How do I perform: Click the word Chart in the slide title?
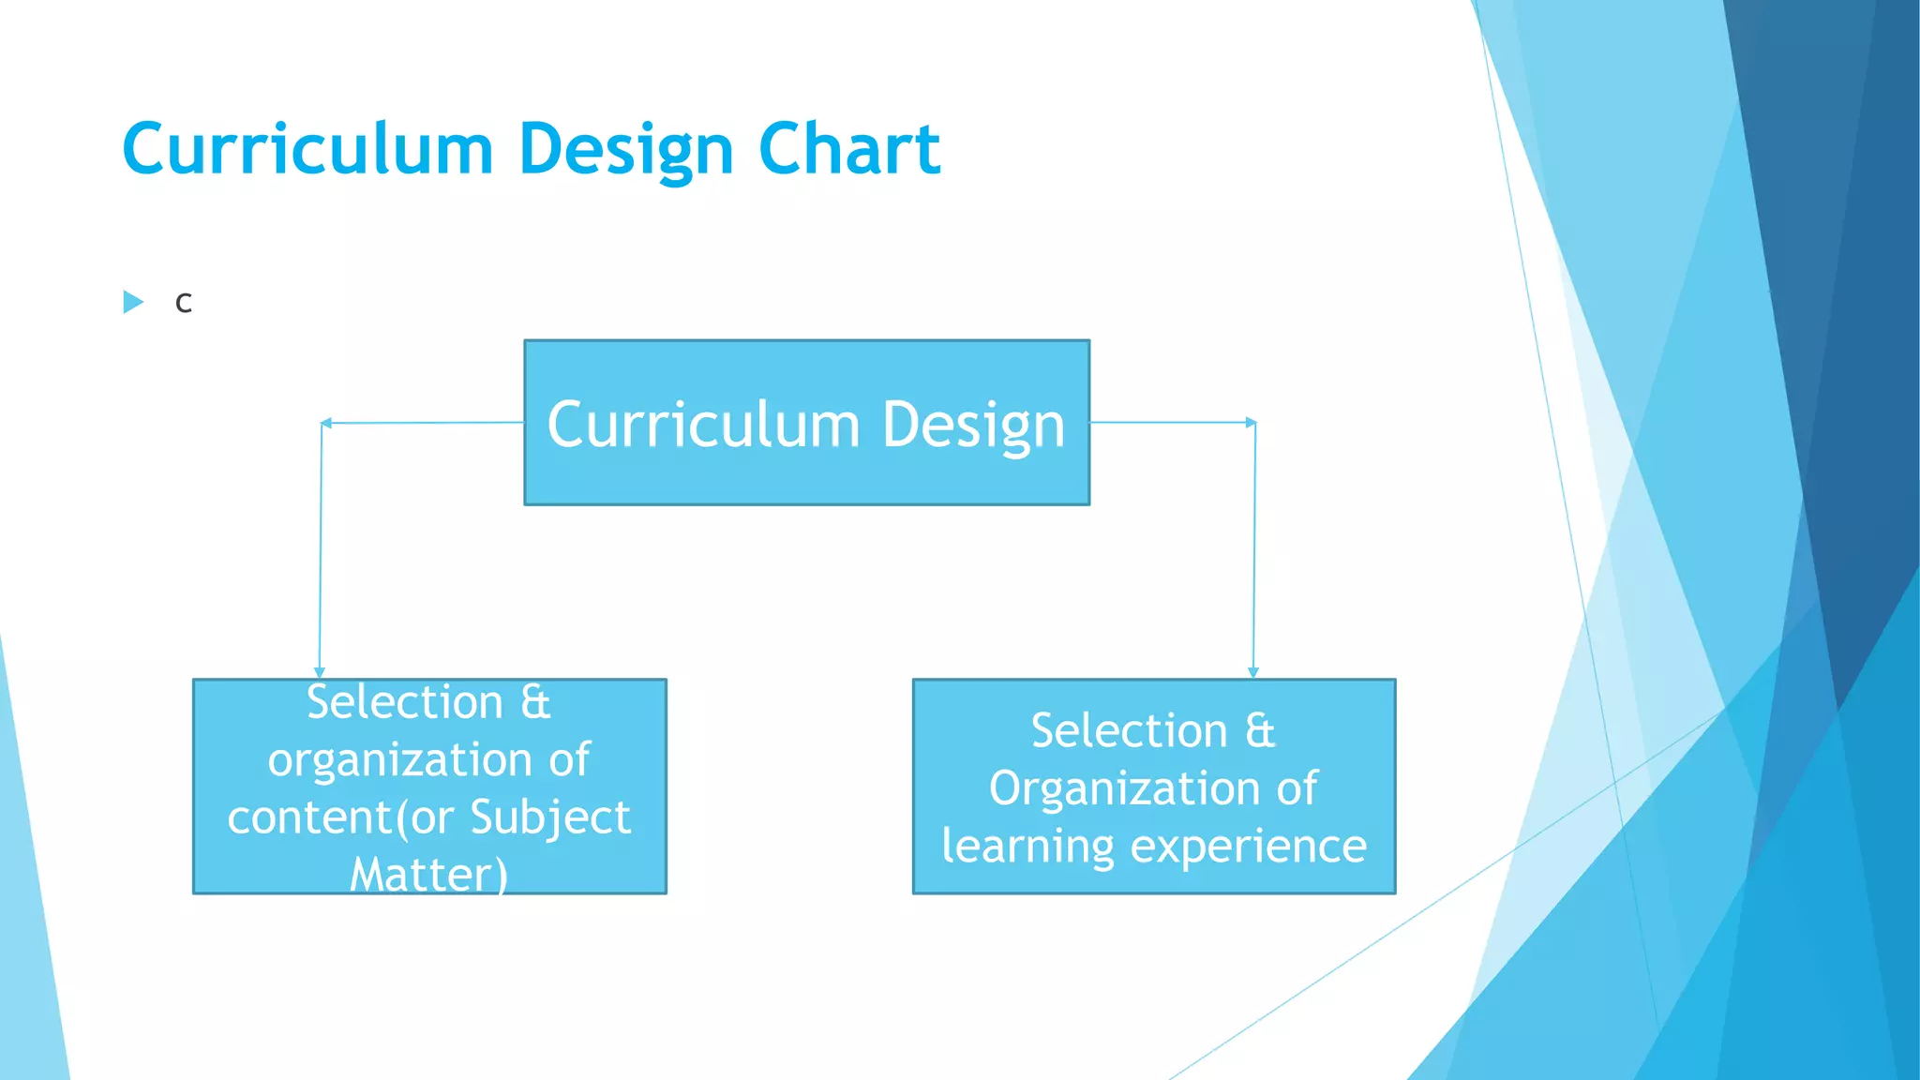(x=848, y=149)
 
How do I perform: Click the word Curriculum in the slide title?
(x=307, y=149)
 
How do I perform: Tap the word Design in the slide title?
(x=625, y=151)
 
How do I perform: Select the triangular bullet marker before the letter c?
(x=133, y=302)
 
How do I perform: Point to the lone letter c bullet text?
(x=184, y=304)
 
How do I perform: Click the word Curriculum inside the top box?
(x=703, y=425)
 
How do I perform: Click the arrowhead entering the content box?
(x=320, y=671)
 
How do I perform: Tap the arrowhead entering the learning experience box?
(x=1253, y=671)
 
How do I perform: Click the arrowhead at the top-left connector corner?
(x=326, y=424)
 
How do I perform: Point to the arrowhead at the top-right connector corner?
(x=1251, y=423)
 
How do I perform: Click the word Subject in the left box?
(x=550, y=817)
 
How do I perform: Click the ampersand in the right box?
(x=1260, y=731)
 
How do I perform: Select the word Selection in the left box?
(x=405, y=702)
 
